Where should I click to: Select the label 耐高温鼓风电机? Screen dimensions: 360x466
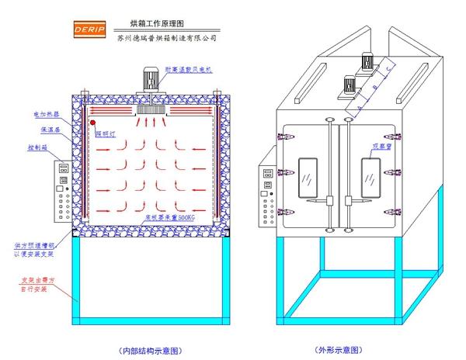click(x=190, y=70)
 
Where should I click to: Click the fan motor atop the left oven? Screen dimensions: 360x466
click(x=150, y=81)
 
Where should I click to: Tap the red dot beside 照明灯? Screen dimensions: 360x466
click(x=92, y=123)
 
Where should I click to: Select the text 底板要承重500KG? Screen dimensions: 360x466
click(x=170, y=219)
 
